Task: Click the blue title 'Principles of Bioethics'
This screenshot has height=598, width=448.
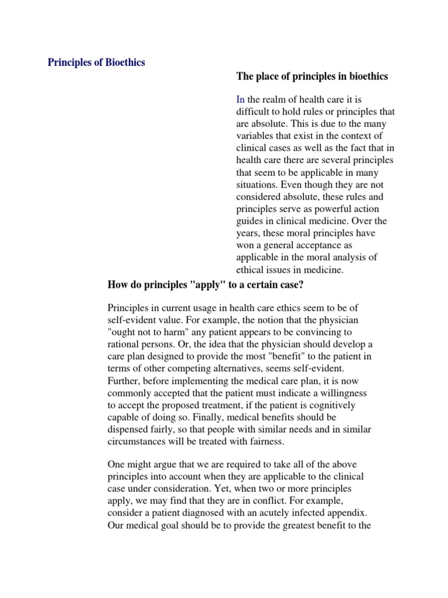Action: pyautogui.click(x=96, y=63)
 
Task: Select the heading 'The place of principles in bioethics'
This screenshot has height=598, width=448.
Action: pyautogui.click(x=312, y=77)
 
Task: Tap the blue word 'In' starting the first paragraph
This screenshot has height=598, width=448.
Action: pyautogui.click(x=240, y=100)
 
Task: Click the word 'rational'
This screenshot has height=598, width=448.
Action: pyautogui.click(x=125, y=344)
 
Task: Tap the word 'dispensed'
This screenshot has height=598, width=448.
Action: pyautogui.click(x=130, y=429)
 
